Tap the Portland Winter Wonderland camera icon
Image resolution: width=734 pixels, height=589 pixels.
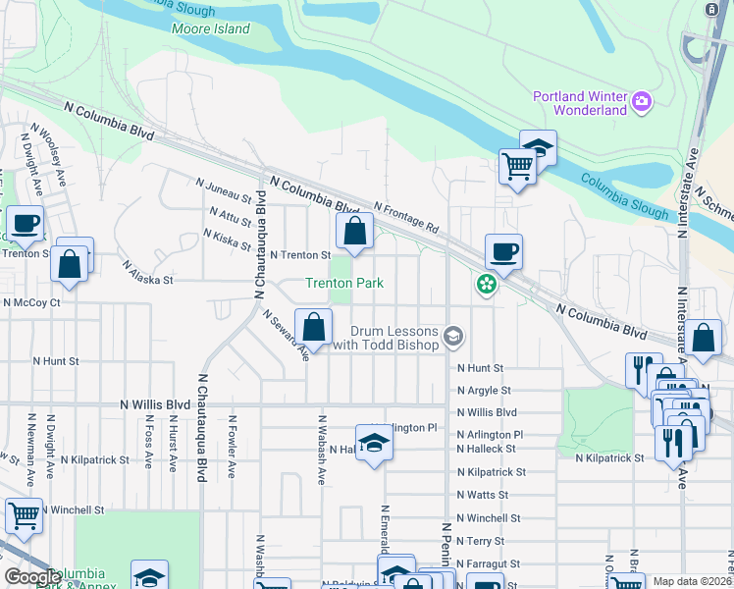click(642, 100)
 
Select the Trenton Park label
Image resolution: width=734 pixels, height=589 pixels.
click(343, 283)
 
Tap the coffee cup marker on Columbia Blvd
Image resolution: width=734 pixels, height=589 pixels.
click(503, 251)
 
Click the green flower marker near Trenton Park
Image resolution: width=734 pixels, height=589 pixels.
click(486, 285)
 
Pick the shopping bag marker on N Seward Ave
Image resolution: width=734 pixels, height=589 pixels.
click(313, 326)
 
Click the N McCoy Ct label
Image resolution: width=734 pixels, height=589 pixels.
click(31, 302)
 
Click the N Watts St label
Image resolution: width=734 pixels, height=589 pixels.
click(482, 495)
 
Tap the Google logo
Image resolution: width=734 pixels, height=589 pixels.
click(31, 577)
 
